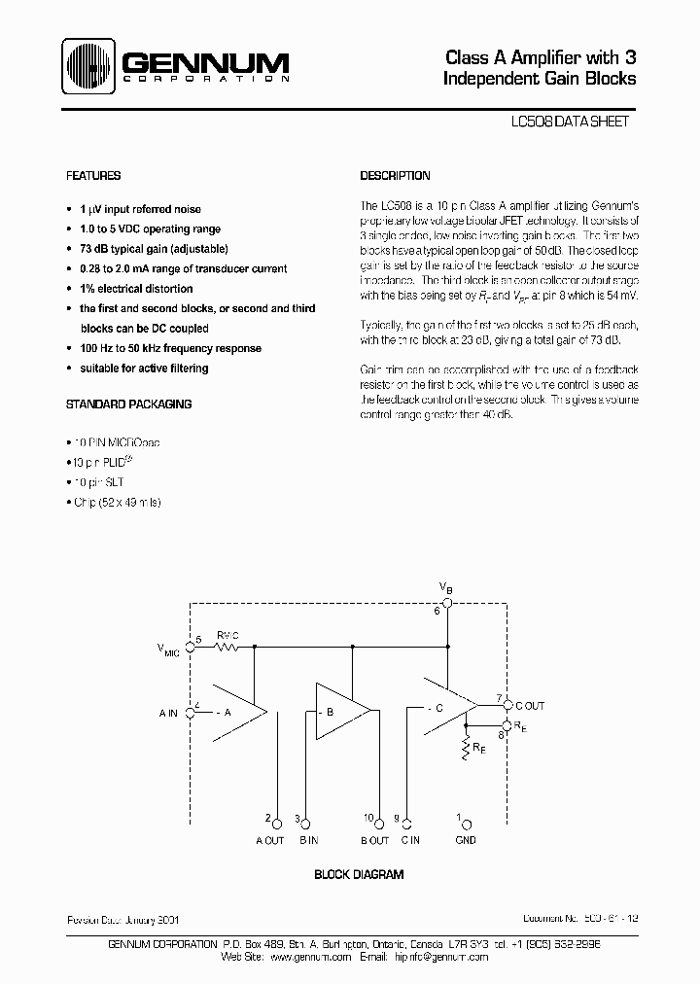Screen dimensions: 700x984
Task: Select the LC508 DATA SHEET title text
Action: tap(570, 123)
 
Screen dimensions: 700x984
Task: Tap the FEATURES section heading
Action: tap(93, 176)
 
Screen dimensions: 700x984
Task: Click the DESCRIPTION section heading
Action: tap(395, 176)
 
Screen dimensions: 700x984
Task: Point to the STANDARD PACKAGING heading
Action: tap(128, 404)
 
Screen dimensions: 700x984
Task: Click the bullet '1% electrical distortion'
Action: tap(136, 289)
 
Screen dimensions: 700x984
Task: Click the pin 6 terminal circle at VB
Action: tap(447, 600)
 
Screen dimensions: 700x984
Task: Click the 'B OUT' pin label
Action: tap(373, 841)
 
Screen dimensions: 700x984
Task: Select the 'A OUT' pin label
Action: tap(269, 841)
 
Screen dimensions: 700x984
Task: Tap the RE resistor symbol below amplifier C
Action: tap(468, 748)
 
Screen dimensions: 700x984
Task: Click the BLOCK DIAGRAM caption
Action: tap(358, 875)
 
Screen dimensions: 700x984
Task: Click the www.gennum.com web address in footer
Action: tap(309, 957)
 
